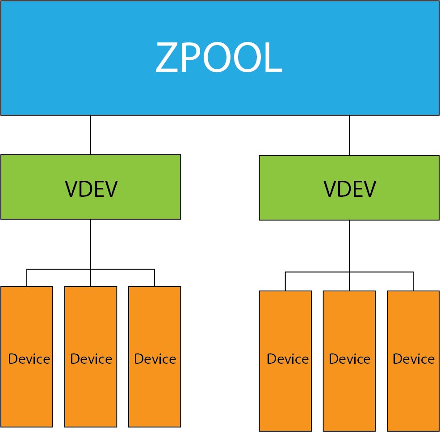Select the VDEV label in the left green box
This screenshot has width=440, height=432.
coord(91,189)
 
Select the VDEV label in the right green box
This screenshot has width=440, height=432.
coord(350,189)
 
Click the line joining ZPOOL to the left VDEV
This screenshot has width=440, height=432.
coord(91,135)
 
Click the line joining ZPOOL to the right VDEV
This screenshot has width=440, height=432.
coord(349,135)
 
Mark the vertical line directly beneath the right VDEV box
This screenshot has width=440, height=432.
coord(349,245)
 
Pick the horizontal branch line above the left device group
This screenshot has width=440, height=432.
coord(58,270)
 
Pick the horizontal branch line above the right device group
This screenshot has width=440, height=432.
coord(317,272)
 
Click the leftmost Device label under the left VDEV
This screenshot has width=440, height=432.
coord(29,359)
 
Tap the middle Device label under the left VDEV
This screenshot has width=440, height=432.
coord(91,359)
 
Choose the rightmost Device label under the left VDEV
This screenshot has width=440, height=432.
coord(155,359)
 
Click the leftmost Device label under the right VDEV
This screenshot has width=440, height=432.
coord(288,359)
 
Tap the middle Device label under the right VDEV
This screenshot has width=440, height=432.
coord(350,359)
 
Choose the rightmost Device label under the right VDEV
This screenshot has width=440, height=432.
coord(414,359)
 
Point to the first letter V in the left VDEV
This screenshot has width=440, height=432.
coord(71,189)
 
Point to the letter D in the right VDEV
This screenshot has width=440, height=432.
coord(344,189)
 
